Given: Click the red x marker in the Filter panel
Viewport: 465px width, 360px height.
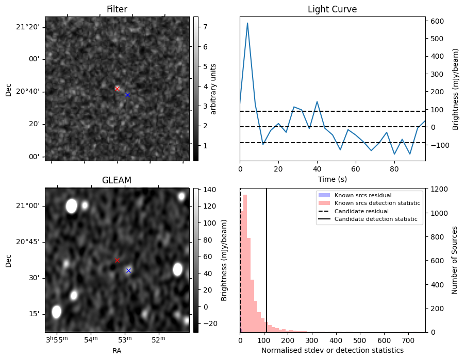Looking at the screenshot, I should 117,89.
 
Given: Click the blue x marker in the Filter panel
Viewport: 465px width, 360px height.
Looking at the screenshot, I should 127,95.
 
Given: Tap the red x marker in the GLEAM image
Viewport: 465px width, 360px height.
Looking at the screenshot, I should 117,260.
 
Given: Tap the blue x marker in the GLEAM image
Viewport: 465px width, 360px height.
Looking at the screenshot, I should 128,270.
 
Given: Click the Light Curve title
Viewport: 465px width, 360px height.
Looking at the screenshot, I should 332,9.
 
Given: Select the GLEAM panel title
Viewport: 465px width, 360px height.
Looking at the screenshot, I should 117,180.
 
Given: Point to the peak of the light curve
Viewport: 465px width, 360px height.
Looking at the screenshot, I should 247,23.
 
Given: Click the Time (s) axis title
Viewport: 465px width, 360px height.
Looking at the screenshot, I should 332,179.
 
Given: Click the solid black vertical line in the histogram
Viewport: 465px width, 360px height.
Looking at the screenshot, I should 267,258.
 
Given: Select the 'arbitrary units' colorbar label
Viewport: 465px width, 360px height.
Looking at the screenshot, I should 213,89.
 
